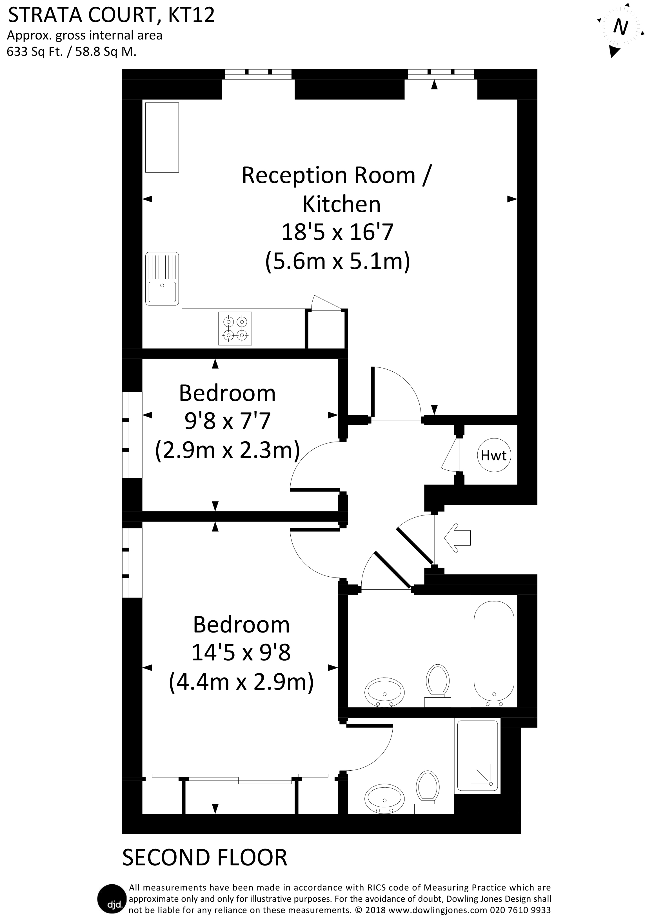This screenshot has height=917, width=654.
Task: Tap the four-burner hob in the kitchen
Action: pos(235,329)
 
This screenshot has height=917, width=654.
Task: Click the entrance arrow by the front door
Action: pos(457,537)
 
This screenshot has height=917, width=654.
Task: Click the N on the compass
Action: pos(620,27)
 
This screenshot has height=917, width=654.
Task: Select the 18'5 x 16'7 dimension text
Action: pos(337,233)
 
